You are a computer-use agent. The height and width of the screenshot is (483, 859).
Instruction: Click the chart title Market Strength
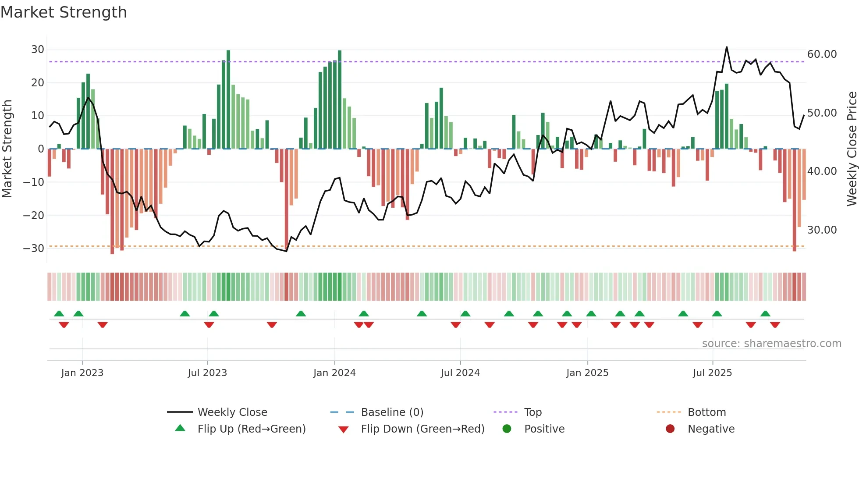[x=64, y=12]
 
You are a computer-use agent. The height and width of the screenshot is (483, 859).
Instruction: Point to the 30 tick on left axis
[x=38, y=50]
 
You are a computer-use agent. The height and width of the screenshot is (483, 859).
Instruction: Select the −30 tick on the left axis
[x=34, y=249]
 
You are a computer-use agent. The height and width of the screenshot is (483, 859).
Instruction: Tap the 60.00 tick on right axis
[x=822, y=54]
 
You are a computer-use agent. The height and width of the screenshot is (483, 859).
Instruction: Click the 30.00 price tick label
[x=822, y=230]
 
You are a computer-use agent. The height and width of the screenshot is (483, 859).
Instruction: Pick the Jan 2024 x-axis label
[x=334, y=373]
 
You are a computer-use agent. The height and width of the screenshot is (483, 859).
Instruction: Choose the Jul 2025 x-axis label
[x=712, y=373]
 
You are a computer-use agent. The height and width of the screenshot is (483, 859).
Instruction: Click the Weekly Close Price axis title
[x=852, y=149]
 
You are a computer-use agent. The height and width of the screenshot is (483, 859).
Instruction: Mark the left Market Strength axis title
[x=7, y=149]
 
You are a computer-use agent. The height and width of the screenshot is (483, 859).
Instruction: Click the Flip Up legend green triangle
[x=180, y=428]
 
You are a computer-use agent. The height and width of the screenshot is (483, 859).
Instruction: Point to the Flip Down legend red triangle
[x=344, y=430]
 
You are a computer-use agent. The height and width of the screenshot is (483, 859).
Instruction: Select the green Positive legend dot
[x=507, y=429]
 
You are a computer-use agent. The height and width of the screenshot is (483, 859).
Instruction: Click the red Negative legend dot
[x=670, y=429]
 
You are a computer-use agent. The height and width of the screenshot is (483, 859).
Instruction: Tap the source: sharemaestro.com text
[x=771, y=344]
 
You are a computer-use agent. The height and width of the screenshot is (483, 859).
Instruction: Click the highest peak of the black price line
[x=727, y=47]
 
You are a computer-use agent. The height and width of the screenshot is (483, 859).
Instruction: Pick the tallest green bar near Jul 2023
[x=228, y=99]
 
